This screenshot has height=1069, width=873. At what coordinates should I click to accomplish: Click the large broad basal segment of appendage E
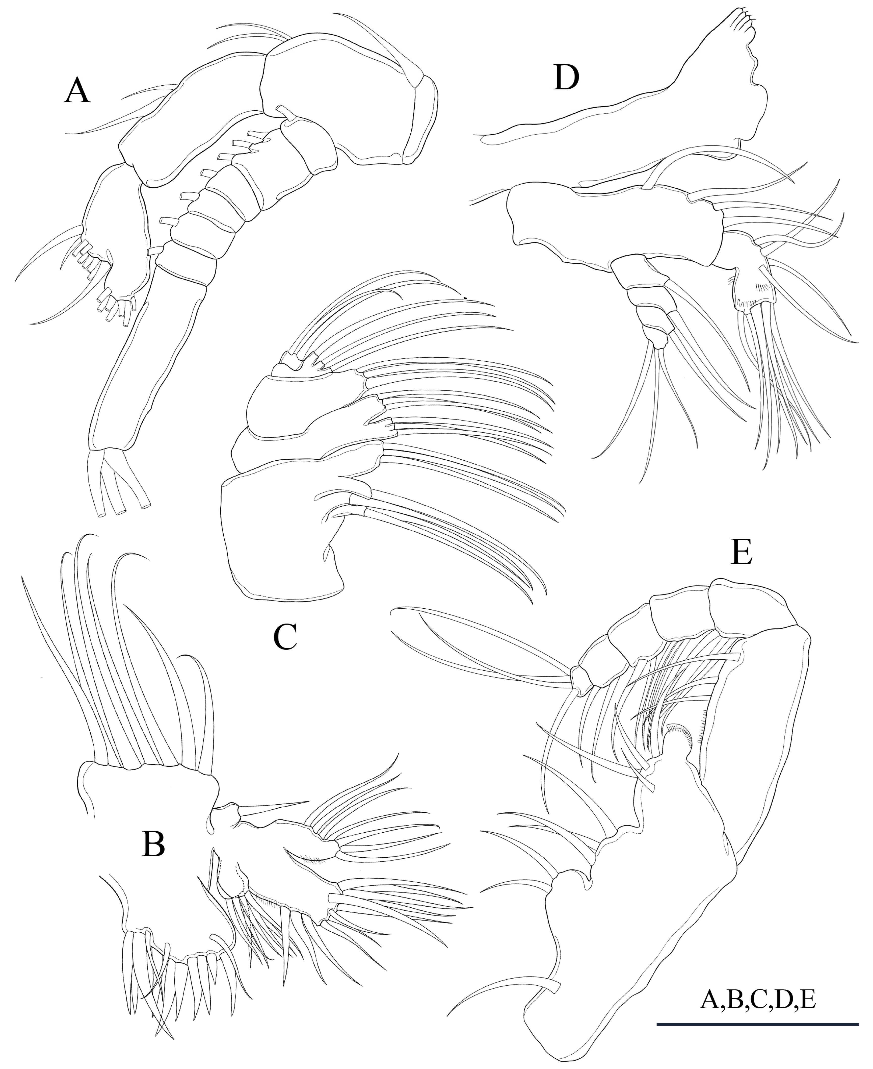click(654, 906)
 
